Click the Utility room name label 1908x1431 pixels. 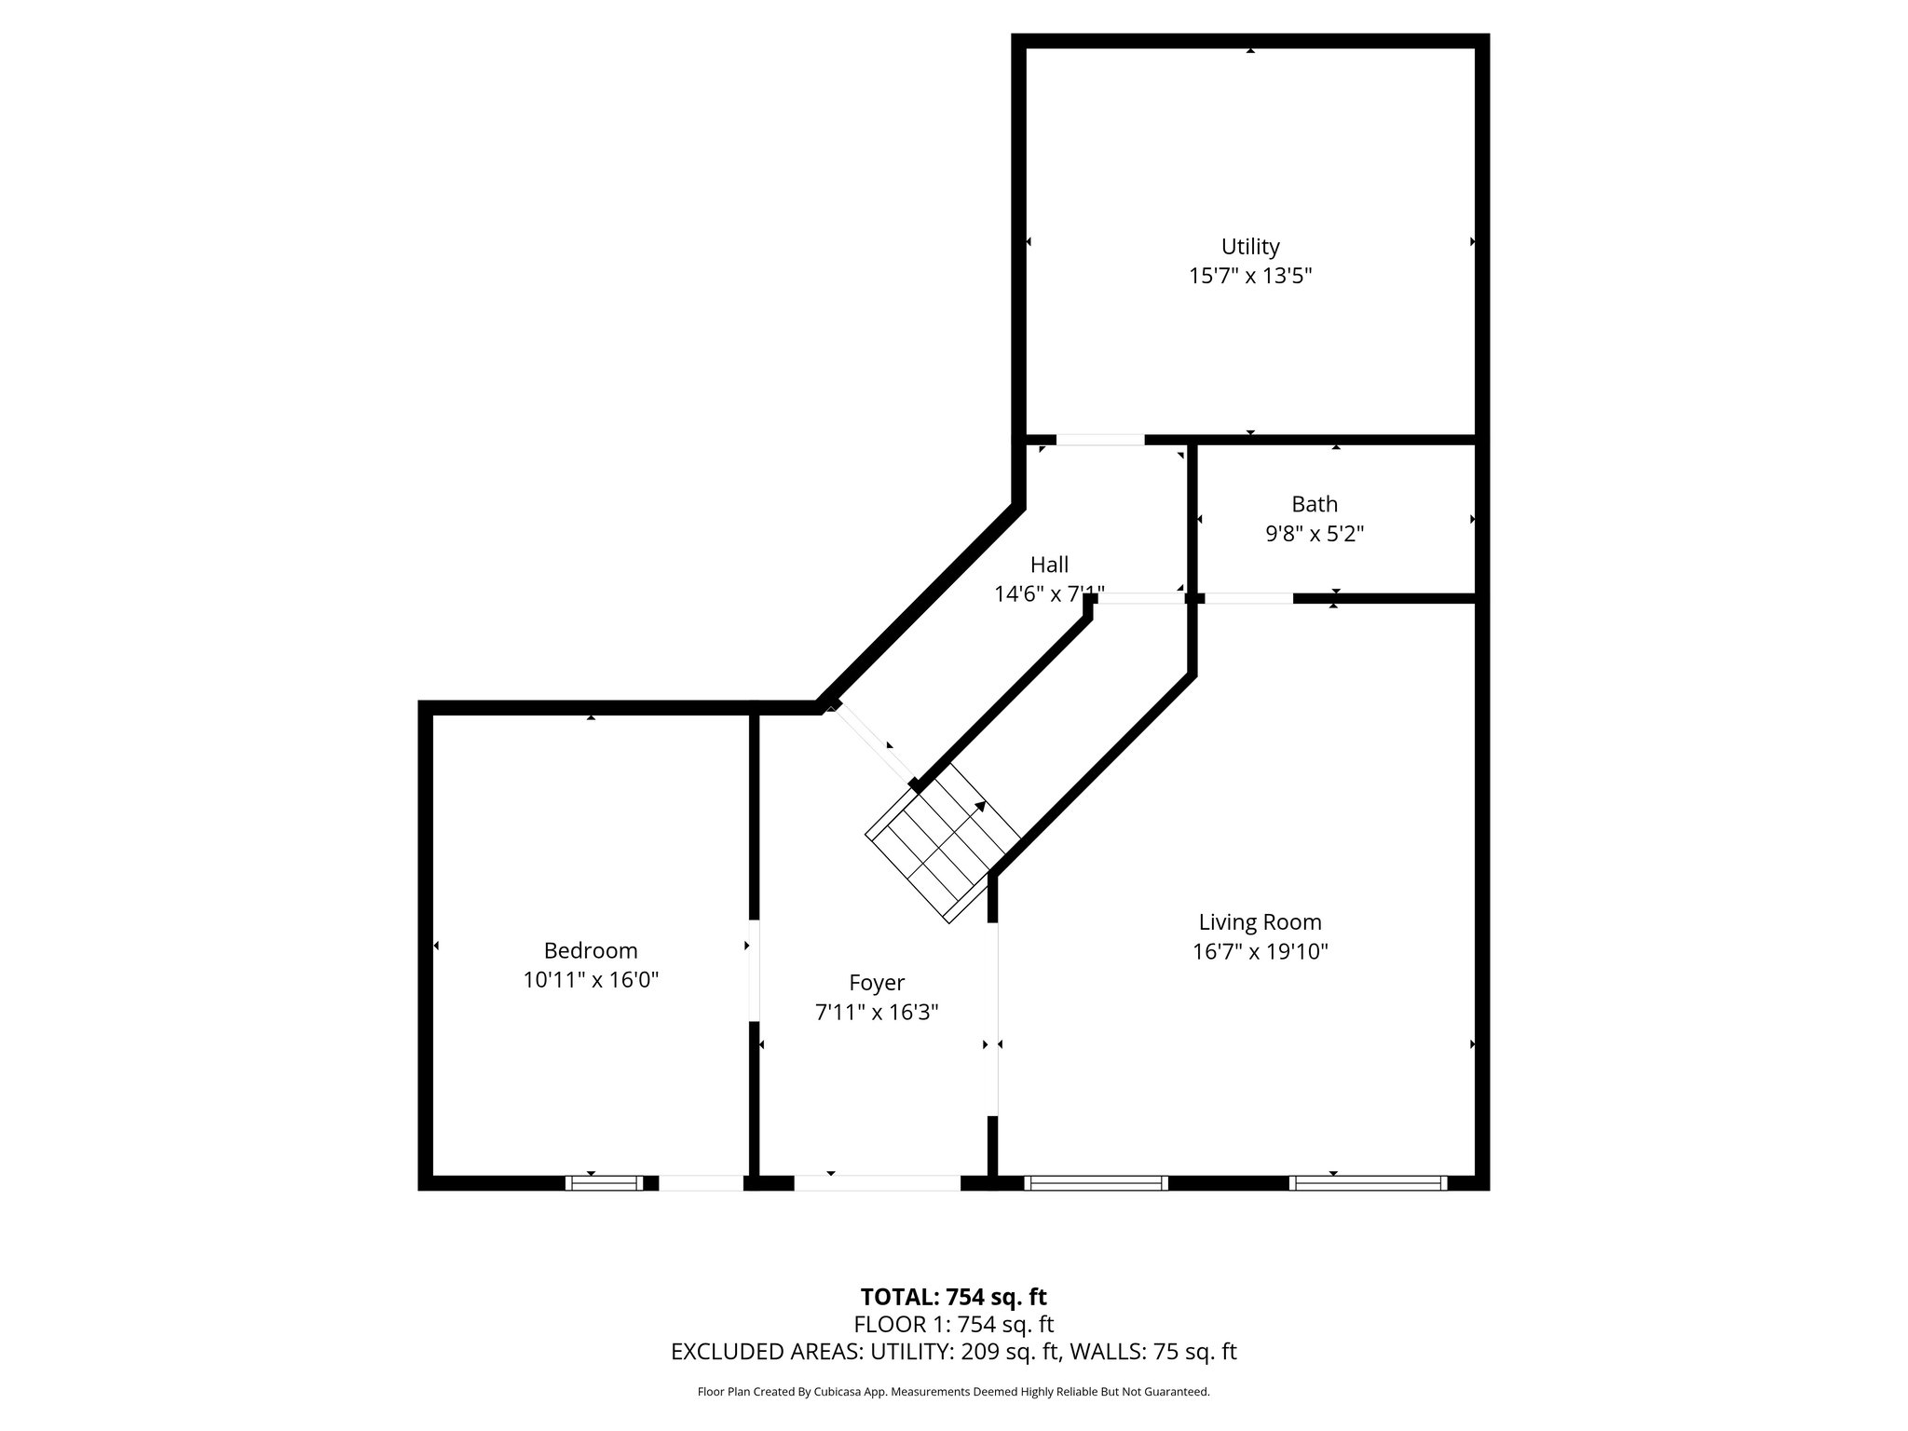1249,247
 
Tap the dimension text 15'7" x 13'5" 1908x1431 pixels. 1249,277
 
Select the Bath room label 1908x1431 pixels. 1314,504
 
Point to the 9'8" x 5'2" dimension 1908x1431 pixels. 1314,534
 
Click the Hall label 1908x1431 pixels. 1049,565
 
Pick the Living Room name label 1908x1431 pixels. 1260,922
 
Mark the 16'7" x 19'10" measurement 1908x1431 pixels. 1260,952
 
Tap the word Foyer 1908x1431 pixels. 876,983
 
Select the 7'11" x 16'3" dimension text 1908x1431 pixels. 876,1013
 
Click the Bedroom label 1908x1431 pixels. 591,950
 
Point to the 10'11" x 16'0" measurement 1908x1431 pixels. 591,980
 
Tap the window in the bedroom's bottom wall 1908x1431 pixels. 604,1183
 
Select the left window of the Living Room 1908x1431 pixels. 1096,1183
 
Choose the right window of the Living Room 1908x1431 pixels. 1368,1183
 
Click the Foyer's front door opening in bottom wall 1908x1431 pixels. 876,1183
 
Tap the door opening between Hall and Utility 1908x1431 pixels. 1099,440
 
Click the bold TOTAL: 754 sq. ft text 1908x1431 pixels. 953,1297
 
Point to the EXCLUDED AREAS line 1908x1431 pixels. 953,1352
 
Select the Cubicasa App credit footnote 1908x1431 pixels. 953,1392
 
